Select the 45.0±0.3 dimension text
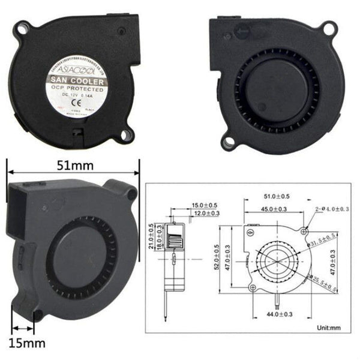[x=274, y=208]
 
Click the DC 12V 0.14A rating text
[x=76, y=95]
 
